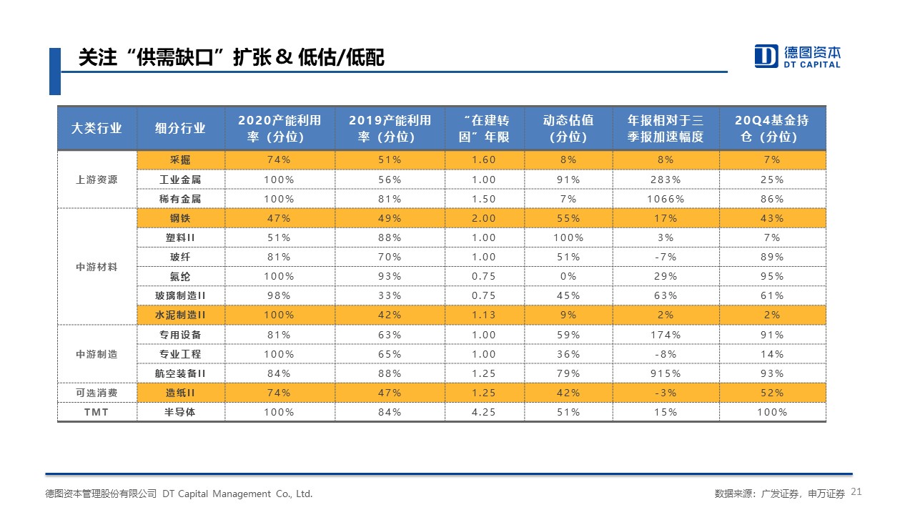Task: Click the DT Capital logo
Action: point(797,57)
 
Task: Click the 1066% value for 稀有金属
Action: point(666,199)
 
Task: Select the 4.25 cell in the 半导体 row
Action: point(484,412)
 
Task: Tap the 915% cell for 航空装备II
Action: point(666,373)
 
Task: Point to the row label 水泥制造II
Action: point(180,315)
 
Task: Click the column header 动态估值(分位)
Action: point(568,129)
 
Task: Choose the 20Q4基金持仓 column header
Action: point(772,129)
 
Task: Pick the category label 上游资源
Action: point(97,180)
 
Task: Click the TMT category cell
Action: point(97,412)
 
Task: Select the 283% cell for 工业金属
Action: point(666,180)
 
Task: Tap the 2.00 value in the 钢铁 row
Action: point(484,218)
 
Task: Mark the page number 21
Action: point(857,492)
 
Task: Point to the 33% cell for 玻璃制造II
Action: point(390,295)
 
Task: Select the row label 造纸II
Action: point(180,393)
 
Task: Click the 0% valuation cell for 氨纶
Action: point(568,276)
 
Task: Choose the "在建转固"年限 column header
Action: point(484,129)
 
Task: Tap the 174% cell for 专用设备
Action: point(666,335)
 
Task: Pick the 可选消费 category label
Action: point(97,393)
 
